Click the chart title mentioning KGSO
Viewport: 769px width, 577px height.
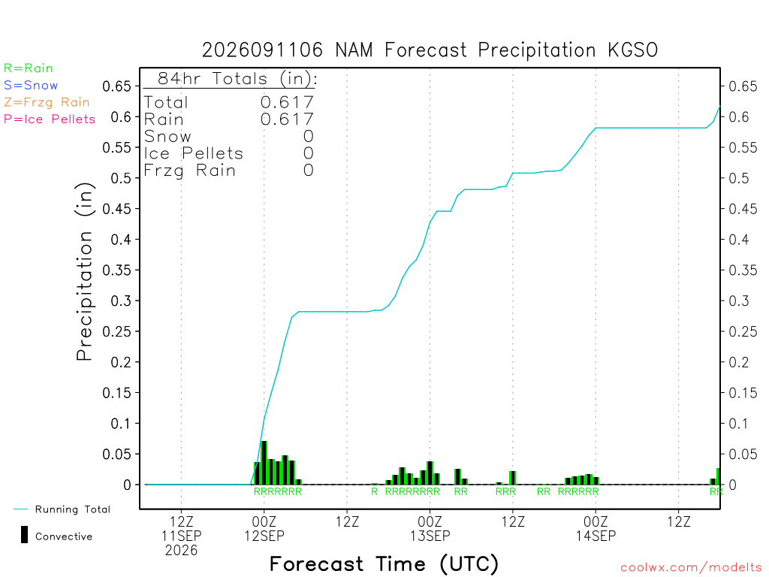click(x=430, y=50)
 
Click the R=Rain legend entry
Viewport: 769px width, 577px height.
click(x=29, y=68)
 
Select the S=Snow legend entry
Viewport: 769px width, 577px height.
click(x=31, y=86)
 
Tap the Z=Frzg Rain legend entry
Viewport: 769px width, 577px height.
click(x=47, y=102)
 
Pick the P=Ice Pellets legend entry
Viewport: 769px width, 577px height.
click(x=50, y=119)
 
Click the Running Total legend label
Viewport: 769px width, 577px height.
click(x=73, y=509)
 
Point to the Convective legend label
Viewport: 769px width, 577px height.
click(x=64, y=536)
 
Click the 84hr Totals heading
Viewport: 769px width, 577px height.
click(x=237, y=78)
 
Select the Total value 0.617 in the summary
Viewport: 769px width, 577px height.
click(x=287, y=102)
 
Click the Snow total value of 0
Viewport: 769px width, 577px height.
click(x=308, y=137)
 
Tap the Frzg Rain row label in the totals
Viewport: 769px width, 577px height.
click(x=190, y=171)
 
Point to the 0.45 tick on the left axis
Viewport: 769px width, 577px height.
click(x=117, y=209)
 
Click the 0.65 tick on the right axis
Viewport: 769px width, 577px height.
click(x=743, y=86)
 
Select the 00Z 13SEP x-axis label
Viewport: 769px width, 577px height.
click(x=430, y=528)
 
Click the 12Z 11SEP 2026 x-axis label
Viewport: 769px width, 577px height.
click(x=182, y=536)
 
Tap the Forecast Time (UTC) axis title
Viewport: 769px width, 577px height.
click(x=384, y=564)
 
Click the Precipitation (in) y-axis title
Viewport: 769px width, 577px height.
click(x=84, y=272)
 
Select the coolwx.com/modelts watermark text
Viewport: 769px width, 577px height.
click(x=691, y=568)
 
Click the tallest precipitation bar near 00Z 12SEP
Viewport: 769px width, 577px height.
click(x=264, y=463)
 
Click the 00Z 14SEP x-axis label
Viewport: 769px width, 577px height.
click(x=596, y=528)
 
